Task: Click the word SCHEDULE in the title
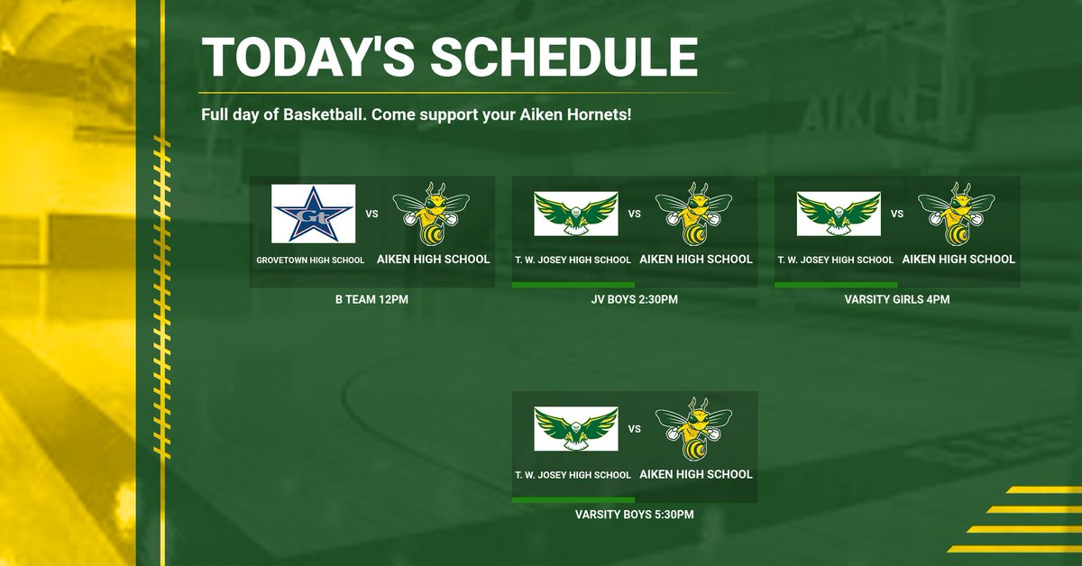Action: pos(564,57)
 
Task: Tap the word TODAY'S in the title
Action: pos(307,57)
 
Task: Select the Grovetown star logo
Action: pos(313,214)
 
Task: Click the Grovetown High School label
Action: pos(310,260)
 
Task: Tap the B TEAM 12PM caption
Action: pos(371,299)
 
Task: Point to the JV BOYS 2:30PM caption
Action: pos(634,299)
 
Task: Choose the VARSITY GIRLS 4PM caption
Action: pos(897,299)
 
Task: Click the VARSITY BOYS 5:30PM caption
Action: pos(634,515)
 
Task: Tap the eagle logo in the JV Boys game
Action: pos(575,214)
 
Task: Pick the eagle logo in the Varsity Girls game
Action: pos(839,214)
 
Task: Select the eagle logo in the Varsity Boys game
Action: pos(575,429)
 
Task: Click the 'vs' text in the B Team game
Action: pos(371,215)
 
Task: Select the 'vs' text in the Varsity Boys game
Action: pos(634,429)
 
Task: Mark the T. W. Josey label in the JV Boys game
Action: pos(573,260)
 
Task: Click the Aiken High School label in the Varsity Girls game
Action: pos(958,259)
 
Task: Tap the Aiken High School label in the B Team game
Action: pos(433,259)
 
